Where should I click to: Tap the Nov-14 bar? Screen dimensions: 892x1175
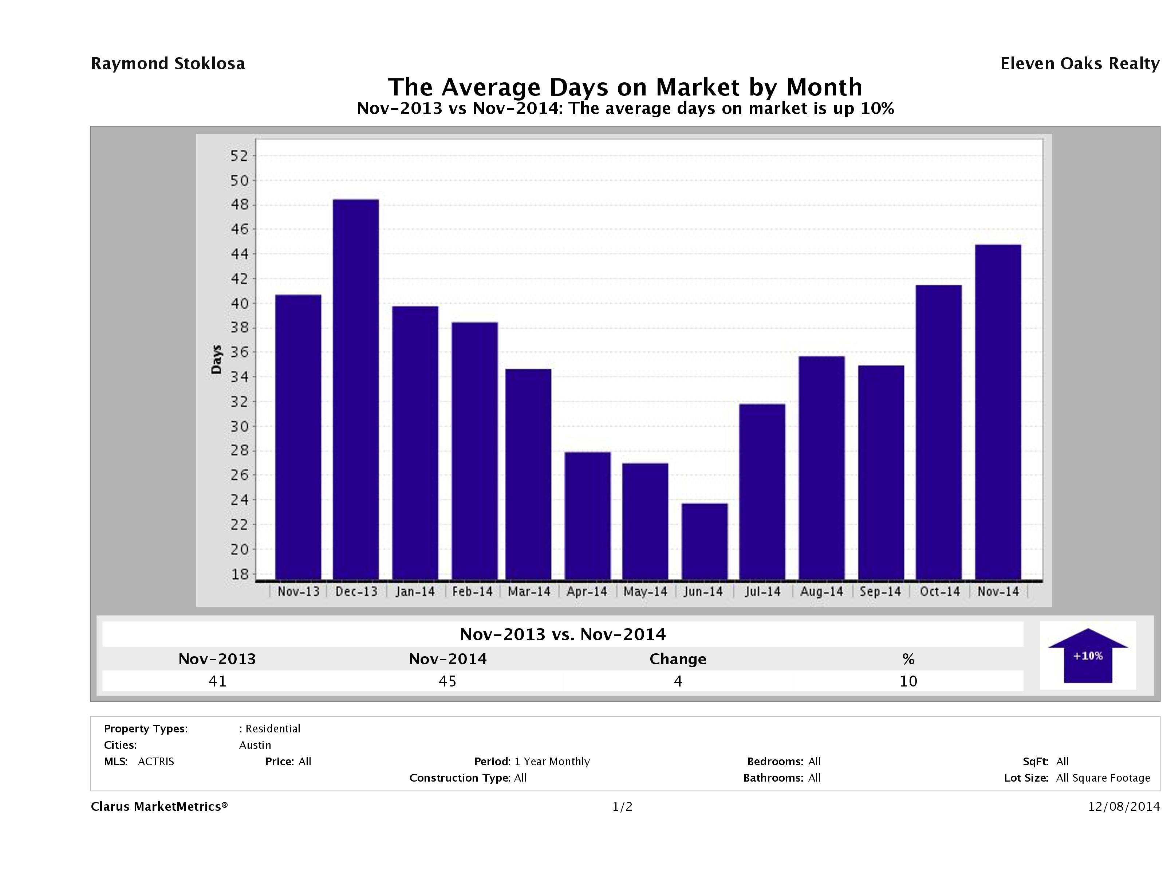pyautogui.click(x=998, y=412)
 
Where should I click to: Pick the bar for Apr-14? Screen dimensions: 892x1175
pyautogui.click(x=588, y=516)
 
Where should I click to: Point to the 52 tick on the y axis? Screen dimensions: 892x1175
pyautogui.click(x=239, y=156)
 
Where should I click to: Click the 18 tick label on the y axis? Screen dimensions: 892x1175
pyautogui.click(x=239, y=574)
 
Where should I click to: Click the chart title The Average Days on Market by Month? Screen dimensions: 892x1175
pyautogui.click(x=625, y=87)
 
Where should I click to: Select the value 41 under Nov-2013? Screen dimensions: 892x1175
pyautogui.click(x=217, y=681)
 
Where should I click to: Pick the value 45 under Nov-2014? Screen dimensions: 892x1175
pyautogui.click(x=447, y=681)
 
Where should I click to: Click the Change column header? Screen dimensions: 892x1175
pyautogui.click(x=678, y=659)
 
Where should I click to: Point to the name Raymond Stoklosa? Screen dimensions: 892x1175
pyautogui.click(x=168, y=64)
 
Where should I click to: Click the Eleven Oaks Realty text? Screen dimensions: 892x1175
pyautogui.click(x=1079, y=64)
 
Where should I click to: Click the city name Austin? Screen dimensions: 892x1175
pyautogui.click(x=255, y=745)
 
